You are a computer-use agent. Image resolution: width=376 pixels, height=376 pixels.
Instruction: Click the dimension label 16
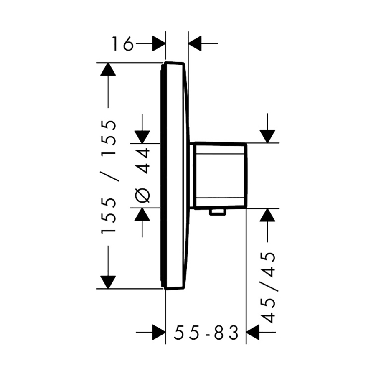pos(123,43)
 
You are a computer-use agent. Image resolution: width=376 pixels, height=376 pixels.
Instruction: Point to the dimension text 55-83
pos(206,333)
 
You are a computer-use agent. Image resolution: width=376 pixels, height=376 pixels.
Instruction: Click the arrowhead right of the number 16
pos(159,43)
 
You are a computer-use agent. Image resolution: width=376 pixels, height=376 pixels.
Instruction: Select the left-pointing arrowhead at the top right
pos(195,43)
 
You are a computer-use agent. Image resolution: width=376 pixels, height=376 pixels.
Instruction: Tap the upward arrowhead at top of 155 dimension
pos(108,69)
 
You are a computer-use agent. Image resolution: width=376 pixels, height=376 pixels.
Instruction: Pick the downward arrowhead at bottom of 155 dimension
pos(108,282)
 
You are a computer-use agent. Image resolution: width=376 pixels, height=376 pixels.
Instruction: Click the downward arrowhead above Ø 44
pos(142,137)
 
